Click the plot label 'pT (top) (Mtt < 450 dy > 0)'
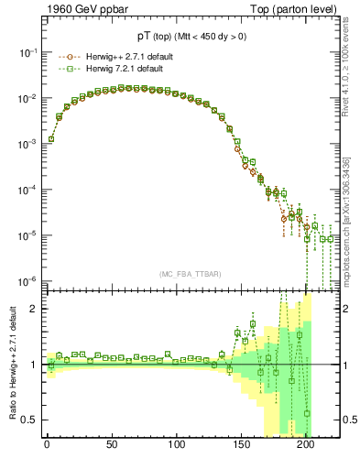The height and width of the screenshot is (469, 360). [193, 35]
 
